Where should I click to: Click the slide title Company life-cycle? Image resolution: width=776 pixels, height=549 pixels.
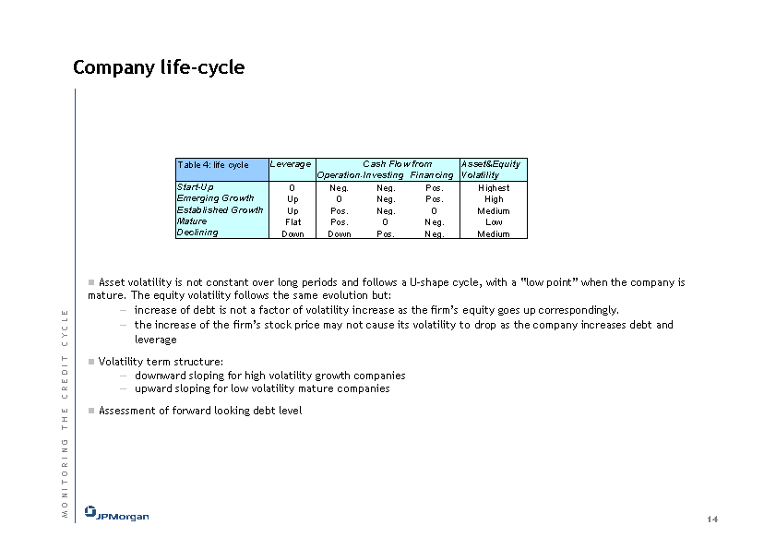tap(159, 67)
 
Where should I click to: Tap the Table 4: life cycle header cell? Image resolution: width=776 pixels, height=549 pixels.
tap(213, 165)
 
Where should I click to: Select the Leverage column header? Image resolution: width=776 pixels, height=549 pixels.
tap(292, 164)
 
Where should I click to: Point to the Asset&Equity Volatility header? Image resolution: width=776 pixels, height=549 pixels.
tap(491, 169)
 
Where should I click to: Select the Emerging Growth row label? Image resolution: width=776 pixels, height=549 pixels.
tap(215, 198)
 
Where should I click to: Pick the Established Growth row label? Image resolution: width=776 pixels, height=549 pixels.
tap(220, 210)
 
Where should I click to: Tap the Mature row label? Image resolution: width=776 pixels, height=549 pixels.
tap(192, 221)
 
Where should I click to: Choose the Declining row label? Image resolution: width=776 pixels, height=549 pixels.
tap(197, 233)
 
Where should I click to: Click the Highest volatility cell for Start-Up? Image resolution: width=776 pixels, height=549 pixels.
tap(494, 188)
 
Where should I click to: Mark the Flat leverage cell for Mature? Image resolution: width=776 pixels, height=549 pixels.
tap(292, 222)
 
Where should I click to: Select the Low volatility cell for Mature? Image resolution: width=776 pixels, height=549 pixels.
tap(494, 222)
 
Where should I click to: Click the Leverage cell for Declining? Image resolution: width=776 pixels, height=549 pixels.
tap(292, 234)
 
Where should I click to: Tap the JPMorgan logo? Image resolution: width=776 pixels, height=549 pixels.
tap(116, 514)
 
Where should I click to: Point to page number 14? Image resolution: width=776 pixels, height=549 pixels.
tap(711, 519)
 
